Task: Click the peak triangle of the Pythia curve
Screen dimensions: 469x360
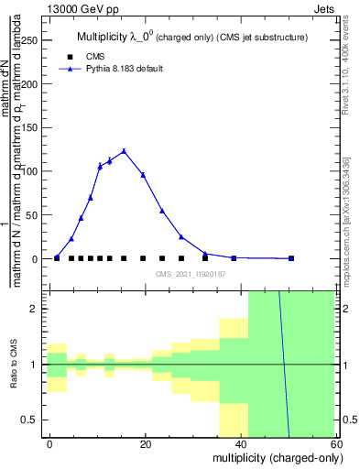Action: pos(124,151)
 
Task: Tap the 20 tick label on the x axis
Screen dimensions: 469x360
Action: pos(146,444)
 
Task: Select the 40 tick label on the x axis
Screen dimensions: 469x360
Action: pos(241,444)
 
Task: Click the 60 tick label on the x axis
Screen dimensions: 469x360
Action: pos(335,444)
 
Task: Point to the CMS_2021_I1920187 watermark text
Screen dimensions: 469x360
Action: pos(190,274)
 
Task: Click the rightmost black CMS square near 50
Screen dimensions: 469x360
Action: pos(291,258)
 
